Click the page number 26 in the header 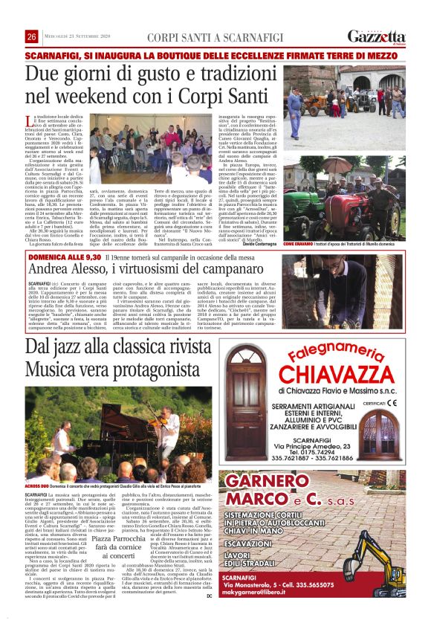[32, 36]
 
